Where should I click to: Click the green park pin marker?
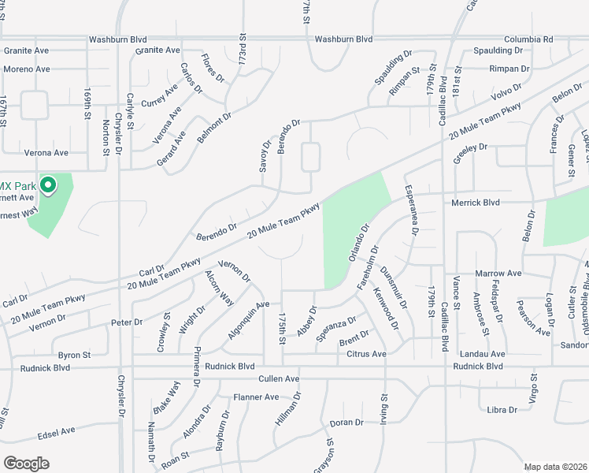pos(47,186)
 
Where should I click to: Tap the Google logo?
pos(26,464)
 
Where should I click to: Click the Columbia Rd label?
pos(528,39)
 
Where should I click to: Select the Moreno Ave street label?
pos(26,69)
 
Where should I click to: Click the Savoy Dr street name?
pos(265,156)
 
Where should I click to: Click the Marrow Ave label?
pos(498,274)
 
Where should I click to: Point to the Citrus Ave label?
pos(366,355)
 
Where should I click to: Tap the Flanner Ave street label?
pos(257,397)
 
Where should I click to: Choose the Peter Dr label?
pos(127,322)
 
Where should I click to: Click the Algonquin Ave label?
pos(248,319)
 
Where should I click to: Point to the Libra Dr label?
pos(502,410)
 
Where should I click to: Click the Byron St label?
pos(75,356)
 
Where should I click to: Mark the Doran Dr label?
pos(346,423)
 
